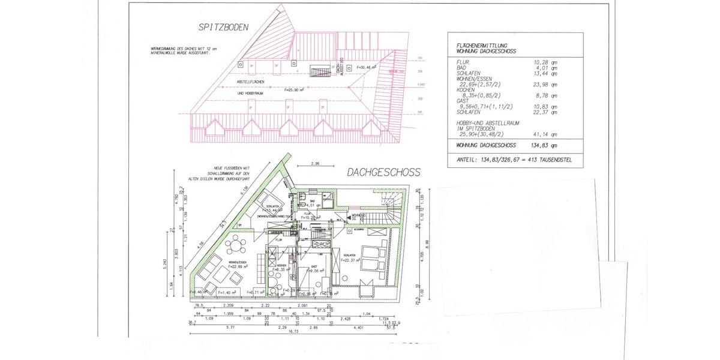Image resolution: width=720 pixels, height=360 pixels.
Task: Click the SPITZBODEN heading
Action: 223,28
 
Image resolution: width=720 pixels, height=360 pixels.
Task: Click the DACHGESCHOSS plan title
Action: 383,172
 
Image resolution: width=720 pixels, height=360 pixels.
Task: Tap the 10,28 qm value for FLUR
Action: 545,62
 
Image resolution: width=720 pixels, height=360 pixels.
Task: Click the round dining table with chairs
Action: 236,245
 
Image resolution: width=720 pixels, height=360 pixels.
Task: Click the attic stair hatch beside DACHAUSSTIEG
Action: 316,71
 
